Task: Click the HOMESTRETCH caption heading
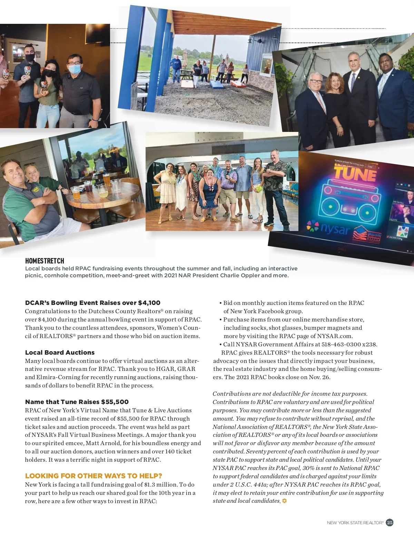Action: pyautogui.click(x=45, y=261)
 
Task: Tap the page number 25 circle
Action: pyautogui.click(x=390, y=522)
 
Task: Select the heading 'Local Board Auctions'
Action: pyautogui.click(x=60, y=353)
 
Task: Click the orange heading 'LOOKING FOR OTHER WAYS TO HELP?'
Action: pyautogui.click(x=93, y=476)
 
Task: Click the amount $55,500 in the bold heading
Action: pyautogui.click(x=115, y=402)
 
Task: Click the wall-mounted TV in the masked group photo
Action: pyautogui.click(x=97, y=33)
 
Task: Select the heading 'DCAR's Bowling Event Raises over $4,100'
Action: pyautogui.click(x=92, y=303)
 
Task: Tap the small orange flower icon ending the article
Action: pyautogui.click(x=284, y=501)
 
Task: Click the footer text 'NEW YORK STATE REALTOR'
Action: pyautogui.click(x=355, y=523)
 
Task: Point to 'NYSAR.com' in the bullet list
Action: pyautogui.click(x=335, y=336)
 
